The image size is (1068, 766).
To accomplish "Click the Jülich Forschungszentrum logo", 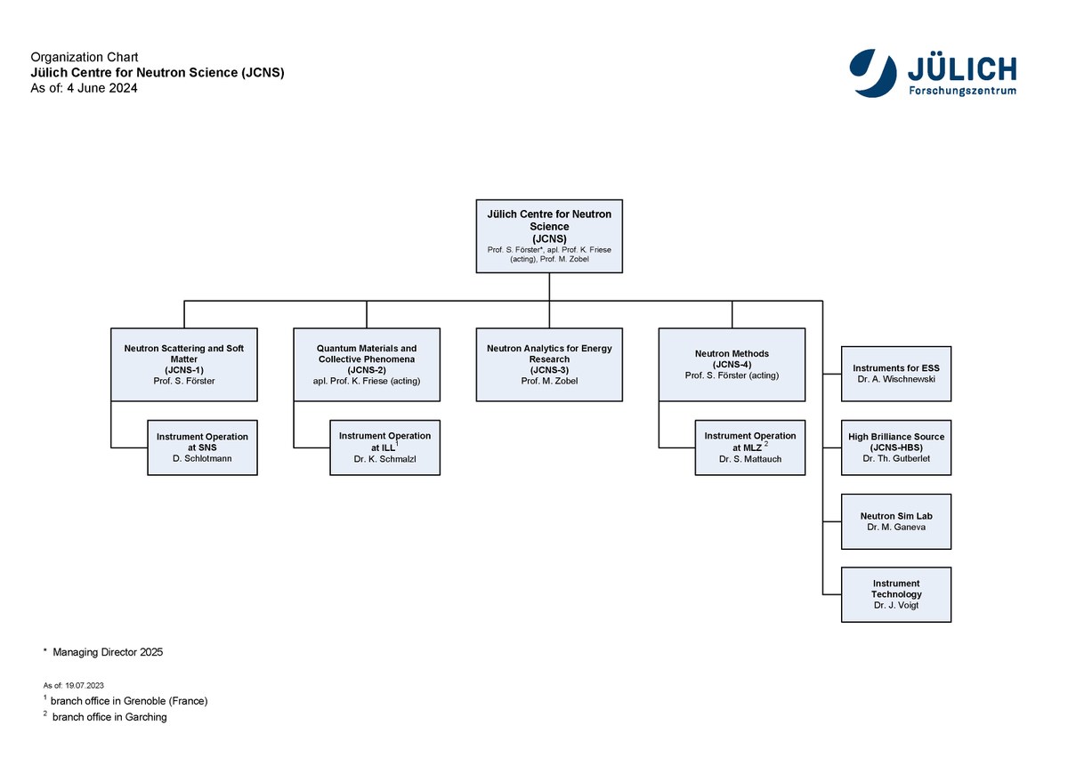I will click(x=933, y=73).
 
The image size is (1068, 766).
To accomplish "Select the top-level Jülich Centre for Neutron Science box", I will click(x=549, y=236).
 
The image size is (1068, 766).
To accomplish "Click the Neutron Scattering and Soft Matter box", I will click(x=184, y=365).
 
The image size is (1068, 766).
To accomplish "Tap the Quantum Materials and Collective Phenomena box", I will click(x=367, y=365).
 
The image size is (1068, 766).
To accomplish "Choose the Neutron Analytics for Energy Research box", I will click(x=549, y=365).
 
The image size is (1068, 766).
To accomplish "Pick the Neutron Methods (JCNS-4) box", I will click(x=732, y=365).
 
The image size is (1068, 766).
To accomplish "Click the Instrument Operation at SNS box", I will click(x=202, y=448).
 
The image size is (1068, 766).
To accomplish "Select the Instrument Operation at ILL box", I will click(x=384, y=448).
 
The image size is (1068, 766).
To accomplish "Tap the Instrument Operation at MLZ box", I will click(x=749, y=448).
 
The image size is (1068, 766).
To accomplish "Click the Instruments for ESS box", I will click(x=895, y=374).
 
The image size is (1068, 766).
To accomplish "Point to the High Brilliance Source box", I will click(x=895, y=448).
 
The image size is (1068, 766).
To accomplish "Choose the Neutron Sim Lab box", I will click(x=895, y=521).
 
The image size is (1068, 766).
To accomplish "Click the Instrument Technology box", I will click(x=895, y=594).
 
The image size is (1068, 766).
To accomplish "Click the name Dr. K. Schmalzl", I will click(x=384, y=459).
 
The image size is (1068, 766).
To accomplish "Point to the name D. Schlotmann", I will click(x=202, y=459).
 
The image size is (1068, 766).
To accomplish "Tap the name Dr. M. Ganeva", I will click(x=895, y=528).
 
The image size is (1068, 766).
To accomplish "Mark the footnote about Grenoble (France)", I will click(x=128, y=701).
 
